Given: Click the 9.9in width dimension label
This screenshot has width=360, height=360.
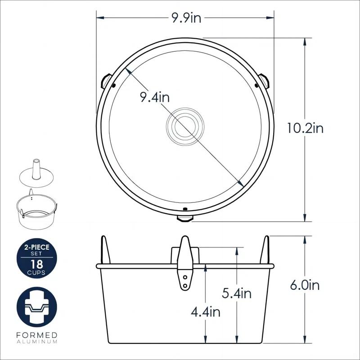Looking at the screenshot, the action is (x=187, y=18).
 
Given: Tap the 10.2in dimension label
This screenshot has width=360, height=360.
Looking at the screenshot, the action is (x=305, y=128).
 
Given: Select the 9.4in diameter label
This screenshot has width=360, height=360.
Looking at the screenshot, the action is (x=155, y=97).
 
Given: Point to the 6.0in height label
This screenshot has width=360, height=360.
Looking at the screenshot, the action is (x=305, y=285).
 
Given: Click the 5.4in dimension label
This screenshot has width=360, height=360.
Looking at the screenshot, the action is (x=237, y=294).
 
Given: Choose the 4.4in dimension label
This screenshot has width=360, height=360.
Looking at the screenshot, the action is (x=206, y=312).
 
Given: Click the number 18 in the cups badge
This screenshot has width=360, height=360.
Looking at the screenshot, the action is (x=37, y=264).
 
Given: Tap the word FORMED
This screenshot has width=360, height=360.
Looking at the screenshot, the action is (x=37, y=335).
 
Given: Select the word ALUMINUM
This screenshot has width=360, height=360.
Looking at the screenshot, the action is (x=37, y=342).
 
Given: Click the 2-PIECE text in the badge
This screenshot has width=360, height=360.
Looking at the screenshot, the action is (x=37, y=247).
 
